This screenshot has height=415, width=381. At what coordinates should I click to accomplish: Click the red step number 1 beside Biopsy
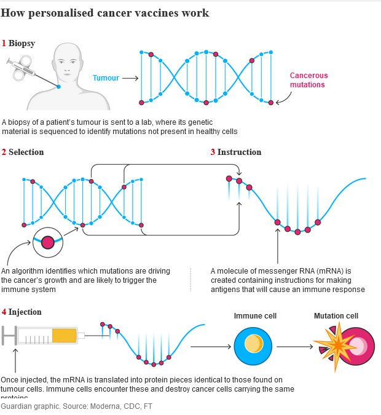4,43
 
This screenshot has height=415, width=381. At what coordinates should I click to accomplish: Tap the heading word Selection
26,152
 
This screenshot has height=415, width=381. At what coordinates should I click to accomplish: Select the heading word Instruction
239,152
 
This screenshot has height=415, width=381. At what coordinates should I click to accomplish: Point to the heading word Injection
25,312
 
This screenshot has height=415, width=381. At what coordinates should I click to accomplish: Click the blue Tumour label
106,78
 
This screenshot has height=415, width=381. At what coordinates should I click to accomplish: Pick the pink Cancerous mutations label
308,80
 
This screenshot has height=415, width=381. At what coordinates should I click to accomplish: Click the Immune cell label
255,316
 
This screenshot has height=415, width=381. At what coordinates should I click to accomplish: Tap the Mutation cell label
336,316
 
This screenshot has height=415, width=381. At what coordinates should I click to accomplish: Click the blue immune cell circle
253,346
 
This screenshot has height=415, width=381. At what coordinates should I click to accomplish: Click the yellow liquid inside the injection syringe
65,336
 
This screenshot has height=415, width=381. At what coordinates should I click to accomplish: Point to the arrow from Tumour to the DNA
129,78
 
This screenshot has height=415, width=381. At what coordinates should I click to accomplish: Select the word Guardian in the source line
17,406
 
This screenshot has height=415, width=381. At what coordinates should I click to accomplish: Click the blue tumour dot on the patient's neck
59,87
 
